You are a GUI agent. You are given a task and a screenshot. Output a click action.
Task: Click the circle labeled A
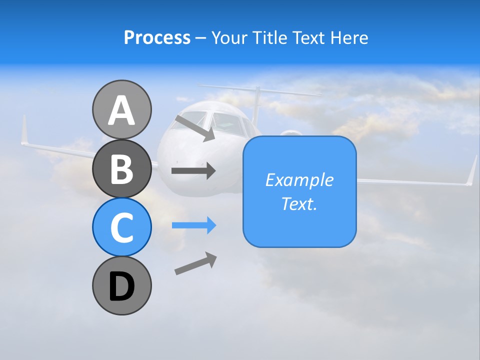121,110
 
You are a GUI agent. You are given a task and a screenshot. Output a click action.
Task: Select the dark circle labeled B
121,168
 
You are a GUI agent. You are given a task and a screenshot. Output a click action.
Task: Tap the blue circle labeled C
121,227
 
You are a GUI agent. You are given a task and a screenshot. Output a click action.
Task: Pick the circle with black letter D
121,286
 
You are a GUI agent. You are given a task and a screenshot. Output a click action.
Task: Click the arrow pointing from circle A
195,128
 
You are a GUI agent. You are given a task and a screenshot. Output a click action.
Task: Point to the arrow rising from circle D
195,263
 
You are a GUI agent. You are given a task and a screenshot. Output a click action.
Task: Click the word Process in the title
157,37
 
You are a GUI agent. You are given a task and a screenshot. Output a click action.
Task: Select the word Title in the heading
269,37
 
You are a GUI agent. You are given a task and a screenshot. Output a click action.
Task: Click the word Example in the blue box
299,180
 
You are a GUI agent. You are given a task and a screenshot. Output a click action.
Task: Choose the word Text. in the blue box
299,203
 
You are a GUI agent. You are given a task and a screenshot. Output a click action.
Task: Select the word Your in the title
227,37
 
